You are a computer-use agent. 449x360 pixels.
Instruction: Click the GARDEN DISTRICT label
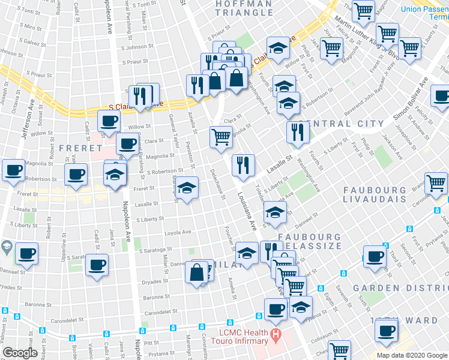[401, 288]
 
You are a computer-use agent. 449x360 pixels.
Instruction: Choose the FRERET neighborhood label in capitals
[80, 148]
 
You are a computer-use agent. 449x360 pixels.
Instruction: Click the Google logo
[20, 353]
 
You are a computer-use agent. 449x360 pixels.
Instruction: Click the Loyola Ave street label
[178, 232]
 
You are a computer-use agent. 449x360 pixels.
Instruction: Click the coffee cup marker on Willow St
[109, 121]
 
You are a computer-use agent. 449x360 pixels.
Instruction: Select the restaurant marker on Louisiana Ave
[243, 165]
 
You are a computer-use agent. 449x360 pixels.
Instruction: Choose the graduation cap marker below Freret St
[187, 190]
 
